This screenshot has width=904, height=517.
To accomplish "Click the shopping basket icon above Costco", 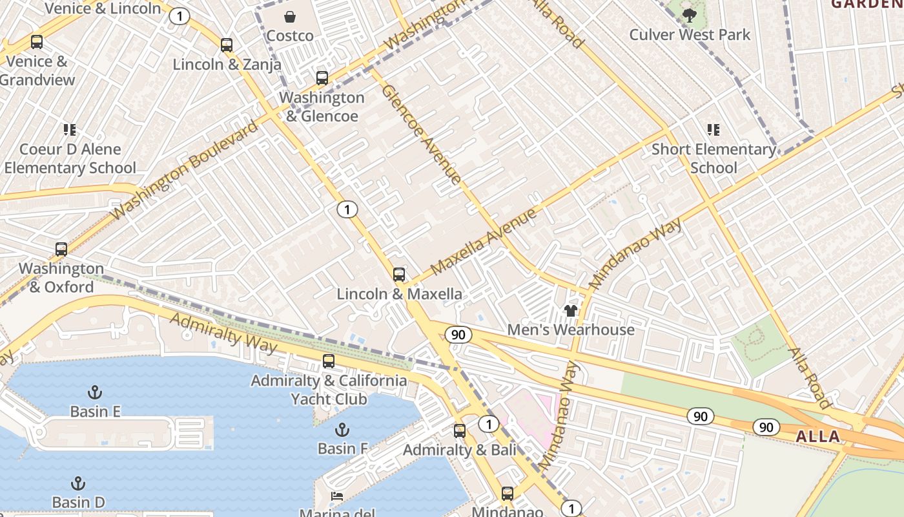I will [x=290, y=16].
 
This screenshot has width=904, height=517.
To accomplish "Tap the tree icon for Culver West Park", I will [x=690, y=14].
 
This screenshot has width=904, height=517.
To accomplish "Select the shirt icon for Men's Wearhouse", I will [x=570, y=311].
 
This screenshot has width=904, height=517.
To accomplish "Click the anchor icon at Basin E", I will [x=95, y=392].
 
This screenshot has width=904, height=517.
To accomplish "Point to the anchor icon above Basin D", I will [x=77, y=483].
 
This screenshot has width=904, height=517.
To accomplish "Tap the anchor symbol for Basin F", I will [x=342, y=430].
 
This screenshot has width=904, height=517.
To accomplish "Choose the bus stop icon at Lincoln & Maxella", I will [x=399, y=275].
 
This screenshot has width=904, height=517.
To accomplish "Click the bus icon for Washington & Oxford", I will [x=61, y=249].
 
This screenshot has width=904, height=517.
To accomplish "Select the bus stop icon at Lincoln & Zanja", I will [x=227, y=45].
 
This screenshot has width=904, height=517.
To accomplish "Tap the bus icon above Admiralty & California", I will [x=329, y=361].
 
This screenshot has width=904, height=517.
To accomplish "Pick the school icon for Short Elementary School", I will [x=713, y=130].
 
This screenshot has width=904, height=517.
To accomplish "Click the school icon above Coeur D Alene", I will [x=70, y=130].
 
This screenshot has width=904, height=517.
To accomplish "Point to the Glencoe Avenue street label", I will [x=421, y=134].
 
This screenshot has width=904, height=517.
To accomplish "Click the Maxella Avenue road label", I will [x=484, y=241].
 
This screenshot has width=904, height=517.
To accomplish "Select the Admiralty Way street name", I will [x=223, y=333].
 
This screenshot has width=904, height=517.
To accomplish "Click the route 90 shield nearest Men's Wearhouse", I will [x=458, y=335].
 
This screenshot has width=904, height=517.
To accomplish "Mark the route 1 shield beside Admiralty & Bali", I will [x=489, y=425].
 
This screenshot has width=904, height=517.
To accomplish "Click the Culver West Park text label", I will [x=690, y=34].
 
